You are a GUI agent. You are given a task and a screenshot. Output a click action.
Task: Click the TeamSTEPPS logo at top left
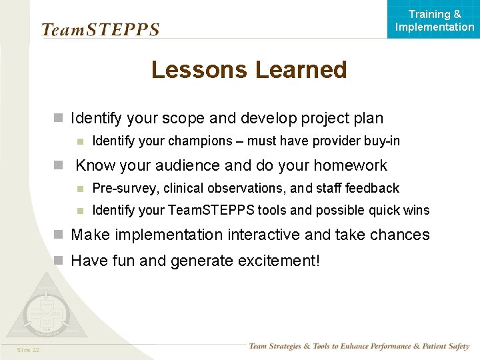tap(100, 30)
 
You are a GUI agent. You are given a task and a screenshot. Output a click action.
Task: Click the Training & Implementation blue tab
tap(434, 20)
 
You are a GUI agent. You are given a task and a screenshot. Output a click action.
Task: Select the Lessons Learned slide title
tap(249, 70)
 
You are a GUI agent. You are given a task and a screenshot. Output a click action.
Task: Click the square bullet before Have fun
tap(59, 261)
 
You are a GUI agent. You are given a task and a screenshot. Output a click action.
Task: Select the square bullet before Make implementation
tap(59, 235)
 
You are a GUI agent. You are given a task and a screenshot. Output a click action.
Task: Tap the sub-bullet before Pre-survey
tap(80, 189)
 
